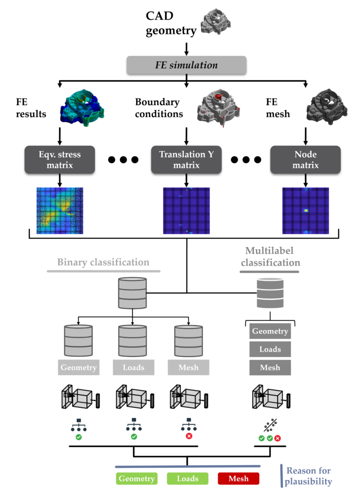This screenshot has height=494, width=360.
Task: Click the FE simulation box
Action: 187,65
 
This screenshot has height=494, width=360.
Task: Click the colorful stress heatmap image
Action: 60,211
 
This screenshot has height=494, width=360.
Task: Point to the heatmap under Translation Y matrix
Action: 186,211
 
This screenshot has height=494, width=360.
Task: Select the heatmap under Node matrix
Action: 306,211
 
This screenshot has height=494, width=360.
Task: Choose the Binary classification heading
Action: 103,262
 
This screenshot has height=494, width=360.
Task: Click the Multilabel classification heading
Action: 270,257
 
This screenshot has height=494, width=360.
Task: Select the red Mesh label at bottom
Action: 239,479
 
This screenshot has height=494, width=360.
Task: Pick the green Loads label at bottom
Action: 187,479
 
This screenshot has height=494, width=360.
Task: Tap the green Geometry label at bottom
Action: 136,479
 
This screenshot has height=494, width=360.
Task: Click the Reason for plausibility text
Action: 308,476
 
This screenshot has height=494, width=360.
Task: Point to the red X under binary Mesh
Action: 189,436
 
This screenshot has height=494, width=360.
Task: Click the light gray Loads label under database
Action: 134,368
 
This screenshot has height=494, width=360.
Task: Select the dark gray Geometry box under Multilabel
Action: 270,331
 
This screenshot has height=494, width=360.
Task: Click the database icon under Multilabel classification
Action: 270,294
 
